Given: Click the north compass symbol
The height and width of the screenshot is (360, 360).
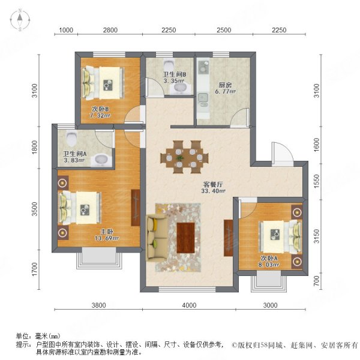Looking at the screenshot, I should pyautogui.click(x=20, y=20).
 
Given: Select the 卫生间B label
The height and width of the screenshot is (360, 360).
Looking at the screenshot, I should pyautogui.click(x=175, y=75).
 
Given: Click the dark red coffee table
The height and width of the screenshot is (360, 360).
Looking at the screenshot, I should pyautogui.click(x=187, y=233).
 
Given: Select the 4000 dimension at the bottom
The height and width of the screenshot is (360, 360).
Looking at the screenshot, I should pyautogui.click(x=189, y=305).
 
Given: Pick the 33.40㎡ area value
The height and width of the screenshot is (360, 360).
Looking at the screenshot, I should pyautogui.click(x=214, y=192).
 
